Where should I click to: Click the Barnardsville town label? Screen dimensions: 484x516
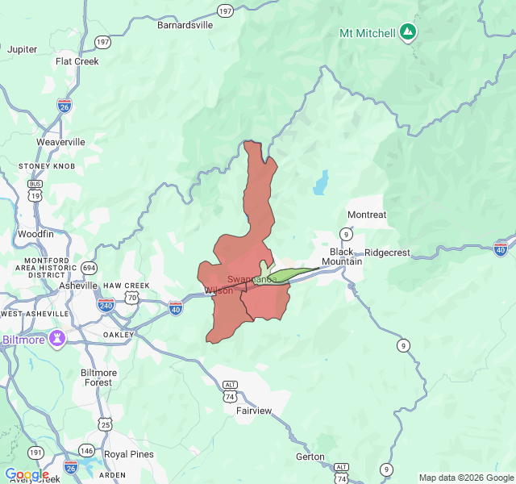click(185, 25)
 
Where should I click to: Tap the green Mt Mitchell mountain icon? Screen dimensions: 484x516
click(409, 32)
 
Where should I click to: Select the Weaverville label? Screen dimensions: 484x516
click(60, 142)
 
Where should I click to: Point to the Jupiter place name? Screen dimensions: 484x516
click(23, 49)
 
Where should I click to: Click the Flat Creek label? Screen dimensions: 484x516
click(77, 61)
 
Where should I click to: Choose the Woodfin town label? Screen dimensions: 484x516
click(35, 234)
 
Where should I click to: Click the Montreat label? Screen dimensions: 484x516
click(367, 215)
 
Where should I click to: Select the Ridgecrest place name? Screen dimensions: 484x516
click(387, 252)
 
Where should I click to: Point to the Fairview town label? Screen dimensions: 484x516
click(254, 411)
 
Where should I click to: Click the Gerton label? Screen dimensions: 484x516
click(310, 457)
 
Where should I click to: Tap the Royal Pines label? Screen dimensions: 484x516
click(129, 454)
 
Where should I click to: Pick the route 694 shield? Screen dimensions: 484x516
click(89, 268)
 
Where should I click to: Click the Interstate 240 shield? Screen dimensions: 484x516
click(106, 305)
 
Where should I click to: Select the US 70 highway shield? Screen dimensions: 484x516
click(132, 298)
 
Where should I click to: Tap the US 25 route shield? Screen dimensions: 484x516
click(105, 423)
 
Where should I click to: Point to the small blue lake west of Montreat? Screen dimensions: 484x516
click(322, 183)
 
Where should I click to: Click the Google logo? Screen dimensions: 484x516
click(27, 474)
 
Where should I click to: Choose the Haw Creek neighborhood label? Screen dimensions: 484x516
click(126, 286)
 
